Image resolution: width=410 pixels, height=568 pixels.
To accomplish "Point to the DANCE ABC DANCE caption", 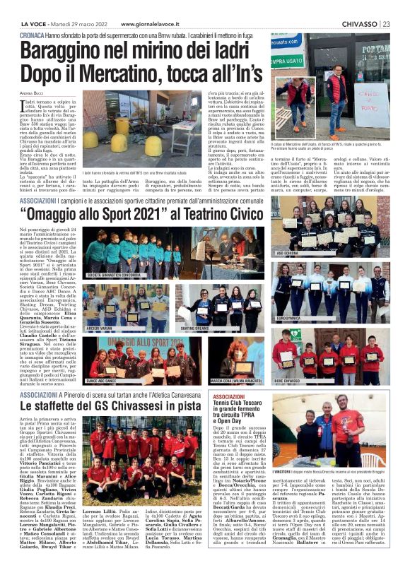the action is (103, 381).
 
